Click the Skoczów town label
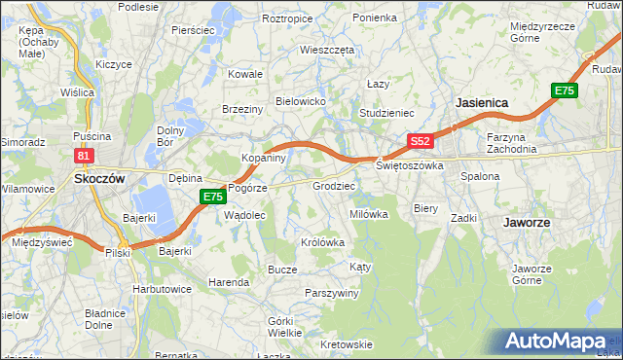(97, 179)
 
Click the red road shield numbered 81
(84, 156)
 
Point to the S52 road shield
(420, 141)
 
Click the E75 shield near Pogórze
(214, 198)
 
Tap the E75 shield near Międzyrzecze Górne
(565, 90)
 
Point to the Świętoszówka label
(410, 165)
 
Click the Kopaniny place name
(263, 157)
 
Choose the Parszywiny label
(332, 293)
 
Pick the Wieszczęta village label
(327, 49)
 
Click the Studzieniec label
(387, 113)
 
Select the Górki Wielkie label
(285, 327)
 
